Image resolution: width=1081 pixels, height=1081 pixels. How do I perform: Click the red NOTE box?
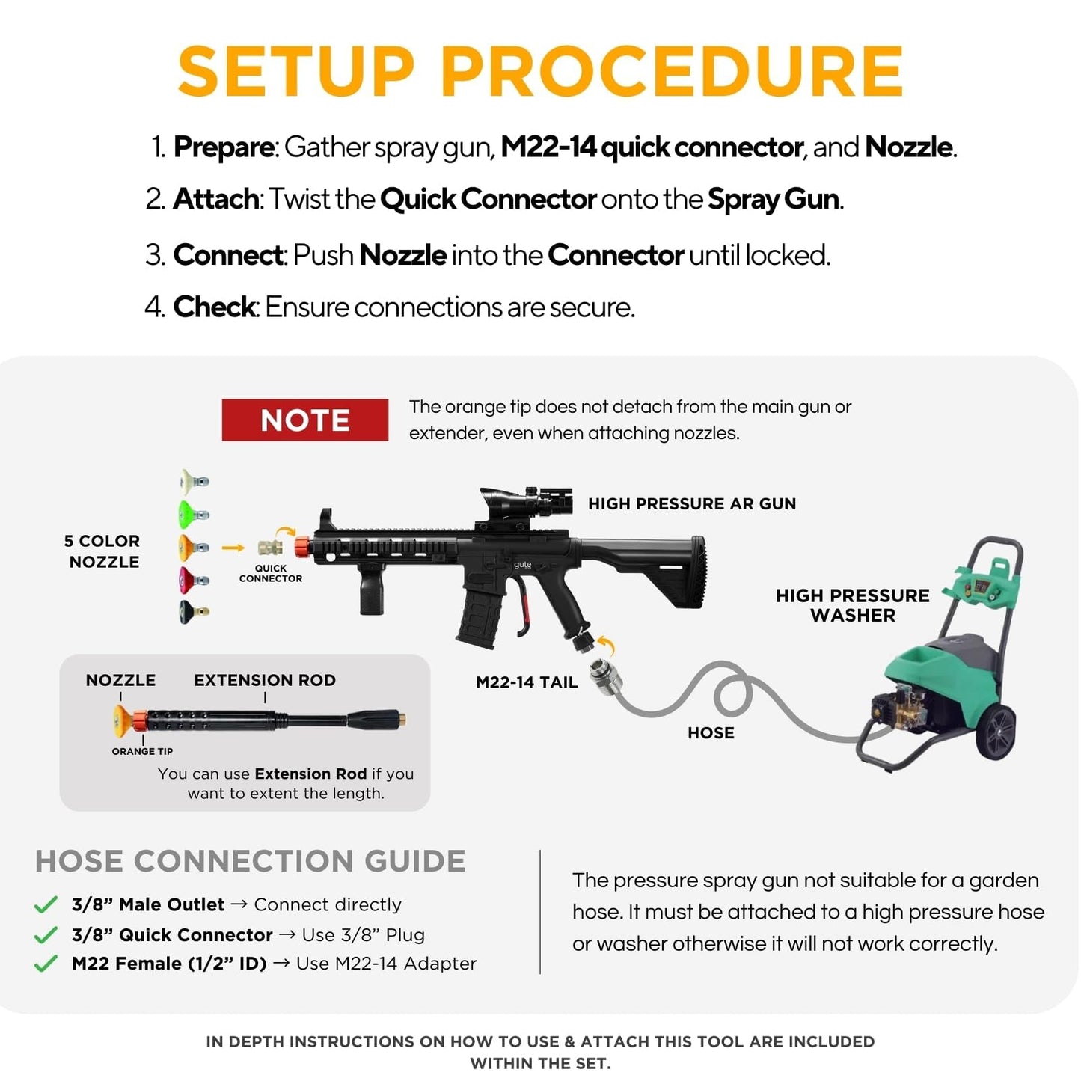tap(304, 420)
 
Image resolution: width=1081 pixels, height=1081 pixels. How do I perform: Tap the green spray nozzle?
tap(192, 514)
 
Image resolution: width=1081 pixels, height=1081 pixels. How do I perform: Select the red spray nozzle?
tap(192, 579)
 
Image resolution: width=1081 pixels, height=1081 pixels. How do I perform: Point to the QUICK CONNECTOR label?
tap(271, 573)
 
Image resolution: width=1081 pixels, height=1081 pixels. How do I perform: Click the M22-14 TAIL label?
tap(527, 682)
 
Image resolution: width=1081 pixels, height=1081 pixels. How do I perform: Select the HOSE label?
tap(711, 733)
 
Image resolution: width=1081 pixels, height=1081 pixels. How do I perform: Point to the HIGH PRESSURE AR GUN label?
tap(692, 504)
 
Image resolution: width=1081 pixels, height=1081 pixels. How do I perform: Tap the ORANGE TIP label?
tap(142, 751)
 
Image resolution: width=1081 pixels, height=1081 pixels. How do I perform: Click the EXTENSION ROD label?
tap(265, 680)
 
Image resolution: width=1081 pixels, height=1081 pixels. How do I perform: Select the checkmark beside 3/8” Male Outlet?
tap(46, 905)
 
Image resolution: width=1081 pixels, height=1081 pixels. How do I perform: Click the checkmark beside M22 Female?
tap(46, 964)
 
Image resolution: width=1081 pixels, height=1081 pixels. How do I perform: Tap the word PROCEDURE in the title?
tap(672, 72)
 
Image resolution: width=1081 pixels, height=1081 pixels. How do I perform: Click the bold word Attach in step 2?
tap(215, 200)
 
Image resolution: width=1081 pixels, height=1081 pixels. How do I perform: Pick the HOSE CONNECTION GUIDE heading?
tap(250, 861)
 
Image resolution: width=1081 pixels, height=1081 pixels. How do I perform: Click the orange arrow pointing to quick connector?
tap(233, 548)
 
